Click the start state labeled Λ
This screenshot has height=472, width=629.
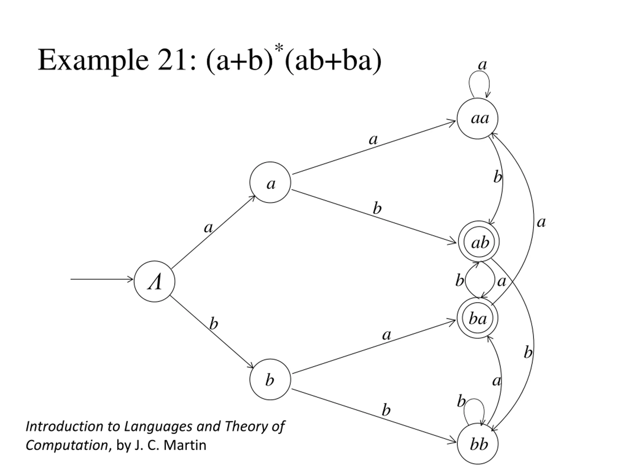154,281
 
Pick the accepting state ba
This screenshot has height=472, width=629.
477,318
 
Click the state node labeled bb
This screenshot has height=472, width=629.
477,443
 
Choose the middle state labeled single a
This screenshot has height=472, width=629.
270,182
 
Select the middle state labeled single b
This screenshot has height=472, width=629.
270,379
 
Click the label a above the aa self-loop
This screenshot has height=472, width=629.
482,65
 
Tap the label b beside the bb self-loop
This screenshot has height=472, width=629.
461,401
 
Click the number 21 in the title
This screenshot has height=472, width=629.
172,60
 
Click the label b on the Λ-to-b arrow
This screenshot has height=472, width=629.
214,324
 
